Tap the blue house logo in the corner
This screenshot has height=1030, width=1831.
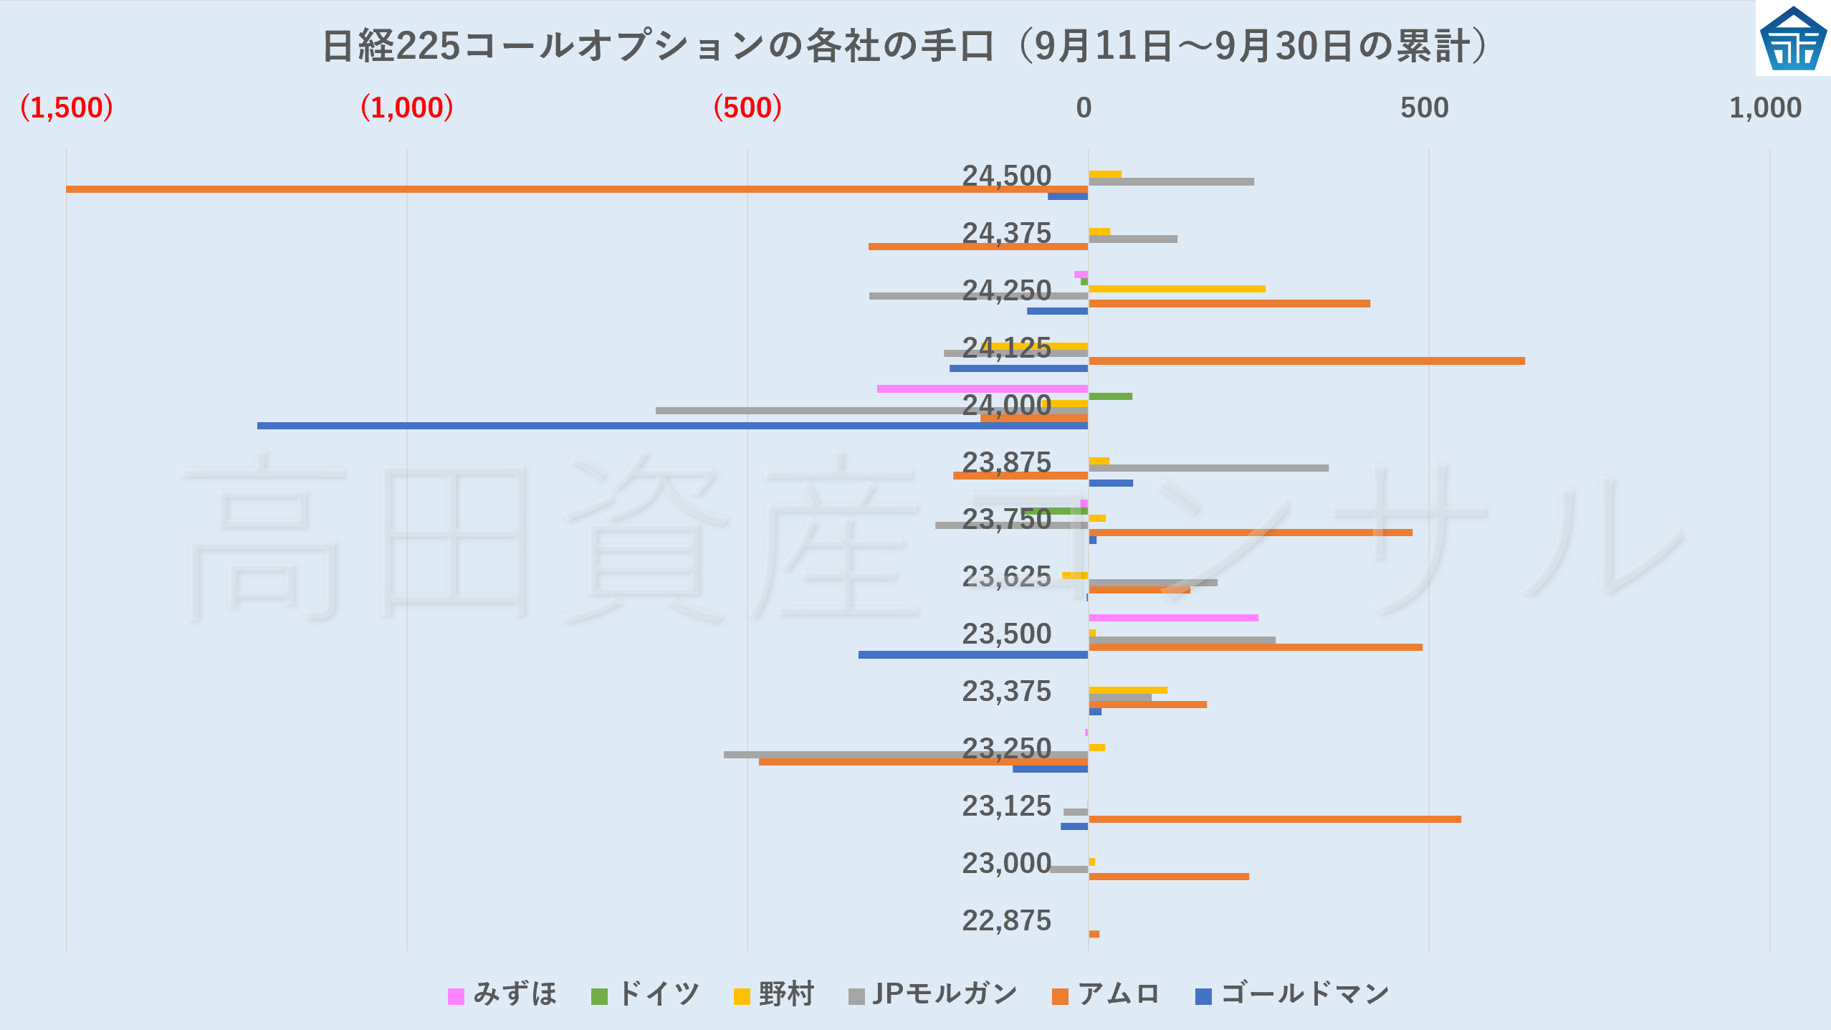pos(1793,39)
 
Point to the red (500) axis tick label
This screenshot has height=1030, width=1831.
pos(747,108)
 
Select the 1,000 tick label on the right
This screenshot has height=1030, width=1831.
pos(1764,108)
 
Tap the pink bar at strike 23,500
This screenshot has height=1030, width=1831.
pos(1173,618)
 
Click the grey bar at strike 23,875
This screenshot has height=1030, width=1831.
pos(1208,468)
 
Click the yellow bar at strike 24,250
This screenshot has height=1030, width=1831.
pos(1177,289)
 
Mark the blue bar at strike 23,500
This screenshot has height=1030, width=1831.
pos(973,654)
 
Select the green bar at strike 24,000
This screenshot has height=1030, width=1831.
pos(1110,396)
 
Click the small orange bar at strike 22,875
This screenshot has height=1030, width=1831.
pos(1094,934)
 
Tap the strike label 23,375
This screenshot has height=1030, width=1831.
pos(1006,691)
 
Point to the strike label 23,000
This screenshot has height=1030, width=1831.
pos(1006,863)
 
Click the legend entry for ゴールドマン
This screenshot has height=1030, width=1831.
pos(1293,994)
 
